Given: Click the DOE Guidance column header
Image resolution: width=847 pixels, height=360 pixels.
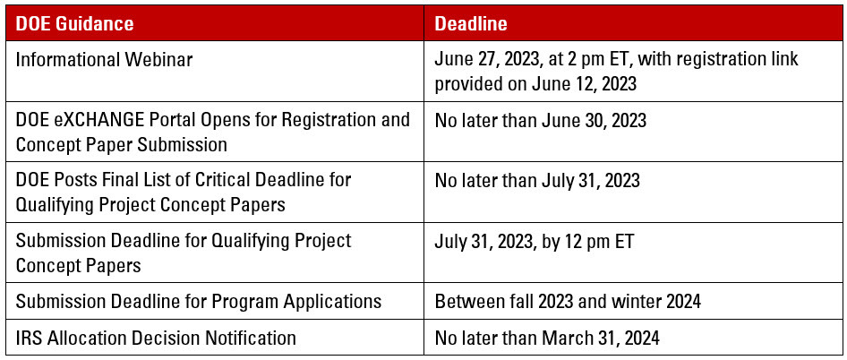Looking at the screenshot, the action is (x=74, y=24).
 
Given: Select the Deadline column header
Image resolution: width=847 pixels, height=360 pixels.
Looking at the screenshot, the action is (x=471, y=24).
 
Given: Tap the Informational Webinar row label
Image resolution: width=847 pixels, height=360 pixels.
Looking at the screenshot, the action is (x=104, y=59).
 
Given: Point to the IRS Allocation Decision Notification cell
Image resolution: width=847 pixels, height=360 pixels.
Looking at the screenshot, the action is (x=156, y=338).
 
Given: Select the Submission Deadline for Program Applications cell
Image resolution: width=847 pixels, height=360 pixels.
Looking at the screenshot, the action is (x=198, y=301).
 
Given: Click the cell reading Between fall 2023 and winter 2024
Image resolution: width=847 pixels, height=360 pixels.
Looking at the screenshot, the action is (x=568, y=301).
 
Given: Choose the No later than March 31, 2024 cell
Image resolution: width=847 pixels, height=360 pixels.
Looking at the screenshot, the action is (x=547, y=338).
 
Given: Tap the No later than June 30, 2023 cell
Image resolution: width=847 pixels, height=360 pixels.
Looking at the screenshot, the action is (x=540, y=119).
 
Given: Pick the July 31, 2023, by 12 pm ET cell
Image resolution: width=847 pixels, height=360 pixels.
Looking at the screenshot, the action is (x=534, y=241).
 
